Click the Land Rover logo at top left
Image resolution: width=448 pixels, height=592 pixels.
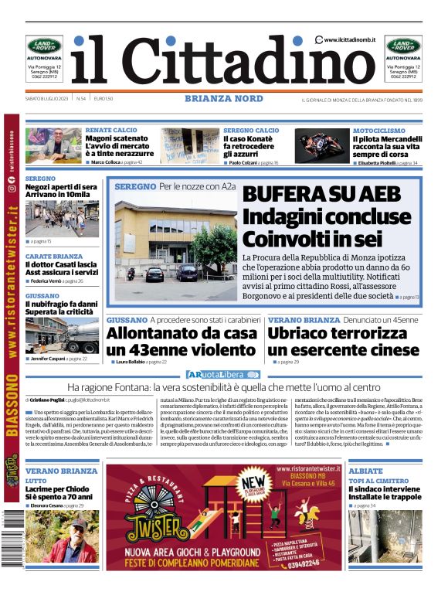pyautogui.click(x=44, y=46)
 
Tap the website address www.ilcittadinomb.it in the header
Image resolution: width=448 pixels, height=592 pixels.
pyautogui.click(x=349, y=39)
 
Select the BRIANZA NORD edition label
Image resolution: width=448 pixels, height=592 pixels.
pyautogui.click(x=224, y=99)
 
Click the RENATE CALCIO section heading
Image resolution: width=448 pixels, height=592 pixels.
pyautogui.click(x=111, y=131)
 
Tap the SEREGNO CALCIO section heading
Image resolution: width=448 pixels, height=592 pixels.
pyautogui.click(x=251, y=131)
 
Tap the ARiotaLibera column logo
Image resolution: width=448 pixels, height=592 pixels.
pyautogui.click(x=222, y=375)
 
